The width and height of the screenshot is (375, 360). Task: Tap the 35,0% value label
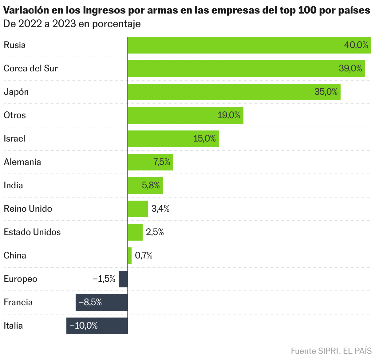[x=326, y=92]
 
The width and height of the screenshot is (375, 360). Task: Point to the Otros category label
[x=15, y=115]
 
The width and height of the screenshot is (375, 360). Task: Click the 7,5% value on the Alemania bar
[x=162, y=162]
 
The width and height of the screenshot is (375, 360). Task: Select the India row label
[x=13, y=186]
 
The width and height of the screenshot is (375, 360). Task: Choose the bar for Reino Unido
[x=138, y=209]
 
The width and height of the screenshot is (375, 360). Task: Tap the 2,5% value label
[x=155, y=232]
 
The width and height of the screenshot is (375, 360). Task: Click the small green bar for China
[x=130, y=256]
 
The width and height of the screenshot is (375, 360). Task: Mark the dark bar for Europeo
[x=123, y=279]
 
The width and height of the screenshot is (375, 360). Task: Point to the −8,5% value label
[x=90, y=302]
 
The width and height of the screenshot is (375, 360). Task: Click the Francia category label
[x=18, y=302]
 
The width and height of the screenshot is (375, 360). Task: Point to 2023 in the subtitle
[x=64, y=24]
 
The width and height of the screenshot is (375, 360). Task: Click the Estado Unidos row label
[x=32, y=232]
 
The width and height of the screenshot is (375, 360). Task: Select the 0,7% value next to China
[x=144, y=256]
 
